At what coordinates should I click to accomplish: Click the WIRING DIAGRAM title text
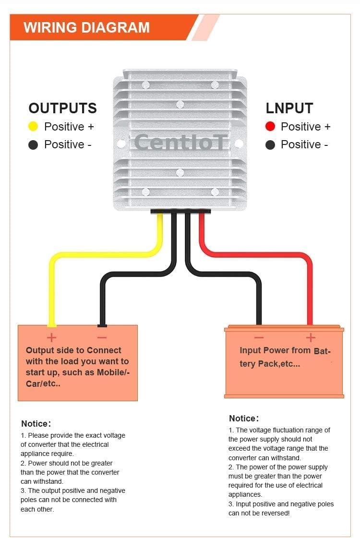(86, 27)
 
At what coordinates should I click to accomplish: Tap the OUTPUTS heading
(62, 108)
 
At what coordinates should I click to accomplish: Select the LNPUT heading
(289, 108)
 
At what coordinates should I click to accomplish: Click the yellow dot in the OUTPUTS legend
(33, 127)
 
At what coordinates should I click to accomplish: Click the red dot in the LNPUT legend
(270, 127)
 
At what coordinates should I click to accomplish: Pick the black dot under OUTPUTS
(33, 144)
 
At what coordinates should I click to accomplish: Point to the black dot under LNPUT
(270, 144)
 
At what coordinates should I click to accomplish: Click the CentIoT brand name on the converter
(180, 142)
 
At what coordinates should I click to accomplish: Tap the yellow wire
(96, 254)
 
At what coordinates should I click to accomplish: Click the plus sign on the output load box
(51, 337)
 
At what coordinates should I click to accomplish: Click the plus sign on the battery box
(311, 337)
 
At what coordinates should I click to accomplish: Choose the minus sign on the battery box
(259, 337)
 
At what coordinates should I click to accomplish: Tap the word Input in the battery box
(250, 350)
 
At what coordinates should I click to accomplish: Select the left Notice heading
(36, 424)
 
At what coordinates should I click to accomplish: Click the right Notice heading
(243, 418)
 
